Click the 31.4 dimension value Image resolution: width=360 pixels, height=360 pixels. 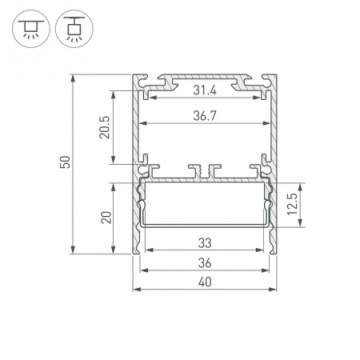(x=204, y=91)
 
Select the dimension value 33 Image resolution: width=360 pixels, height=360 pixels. (x=204, y=242)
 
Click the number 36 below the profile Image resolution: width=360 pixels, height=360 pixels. (x=204, y=262)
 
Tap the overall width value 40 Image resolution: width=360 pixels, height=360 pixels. (x=204, y=282)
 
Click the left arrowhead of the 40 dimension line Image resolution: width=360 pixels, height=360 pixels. (x=135, y=289)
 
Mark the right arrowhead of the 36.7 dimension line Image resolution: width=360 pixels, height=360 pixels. (x=265, y=124)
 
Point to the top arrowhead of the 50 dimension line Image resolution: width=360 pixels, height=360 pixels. (x=73, y=78)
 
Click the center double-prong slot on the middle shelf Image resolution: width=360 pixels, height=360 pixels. (x=204, y=170)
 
